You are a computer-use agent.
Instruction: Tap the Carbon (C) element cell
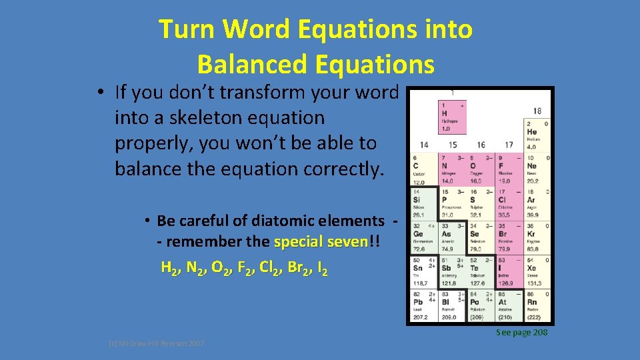[423, 169]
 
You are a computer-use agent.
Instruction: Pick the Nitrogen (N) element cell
[452, 169]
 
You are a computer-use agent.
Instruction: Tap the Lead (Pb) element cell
[423, 306]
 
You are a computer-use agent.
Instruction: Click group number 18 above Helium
[537, 111]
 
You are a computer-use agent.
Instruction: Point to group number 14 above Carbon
[424, 145]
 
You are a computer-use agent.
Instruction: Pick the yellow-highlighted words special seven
[320, 242]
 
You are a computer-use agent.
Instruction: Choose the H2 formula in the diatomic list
[170, 269]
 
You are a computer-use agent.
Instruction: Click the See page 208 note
[521, 332]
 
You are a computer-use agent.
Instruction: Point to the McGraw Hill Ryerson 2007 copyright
[157, 343]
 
